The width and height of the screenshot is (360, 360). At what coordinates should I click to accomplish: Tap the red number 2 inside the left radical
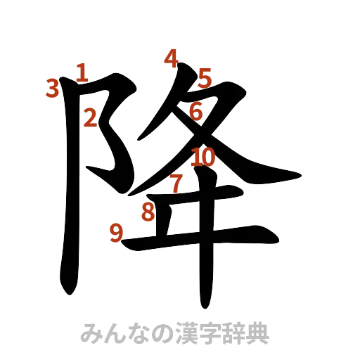tap(91, 118)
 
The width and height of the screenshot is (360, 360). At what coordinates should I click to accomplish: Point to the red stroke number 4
tap(170, 58)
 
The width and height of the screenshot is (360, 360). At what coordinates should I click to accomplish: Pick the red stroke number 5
tap(204, 77)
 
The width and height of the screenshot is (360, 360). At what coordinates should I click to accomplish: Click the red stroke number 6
tap(196, 110)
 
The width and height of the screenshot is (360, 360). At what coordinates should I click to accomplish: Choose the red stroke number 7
tap(176, 183)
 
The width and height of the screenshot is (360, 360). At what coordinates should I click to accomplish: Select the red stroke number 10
tap(202, 157)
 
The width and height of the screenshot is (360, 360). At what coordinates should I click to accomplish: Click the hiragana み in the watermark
tap(91, 332)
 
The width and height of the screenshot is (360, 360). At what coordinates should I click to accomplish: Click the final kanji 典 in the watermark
tap(259, 332)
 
